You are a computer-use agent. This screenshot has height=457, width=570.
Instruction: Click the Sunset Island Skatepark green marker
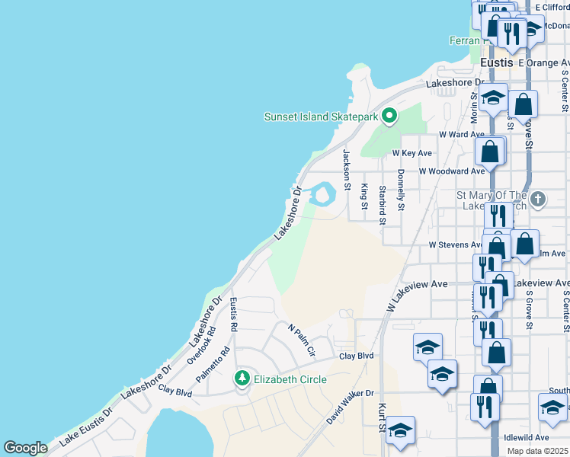390,117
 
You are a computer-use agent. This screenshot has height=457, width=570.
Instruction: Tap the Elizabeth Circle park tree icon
242,378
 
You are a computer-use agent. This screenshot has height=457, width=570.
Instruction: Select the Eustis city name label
496,62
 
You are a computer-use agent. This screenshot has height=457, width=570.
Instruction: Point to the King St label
365,197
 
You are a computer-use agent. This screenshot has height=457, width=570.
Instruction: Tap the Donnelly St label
401,190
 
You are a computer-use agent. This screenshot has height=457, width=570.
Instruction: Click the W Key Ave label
411,152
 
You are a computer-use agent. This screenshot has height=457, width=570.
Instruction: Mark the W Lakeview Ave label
416,294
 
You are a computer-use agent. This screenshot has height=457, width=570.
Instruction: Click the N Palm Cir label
302,340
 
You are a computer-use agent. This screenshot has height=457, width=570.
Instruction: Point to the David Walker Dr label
351,407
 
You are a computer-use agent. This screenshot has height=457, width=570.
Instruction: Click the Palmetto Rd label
213,365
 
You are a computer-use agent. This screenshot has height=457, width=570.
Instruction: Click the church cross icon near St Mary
538,200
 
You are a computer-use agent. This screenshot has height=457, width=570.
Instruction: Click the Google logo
25,448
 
